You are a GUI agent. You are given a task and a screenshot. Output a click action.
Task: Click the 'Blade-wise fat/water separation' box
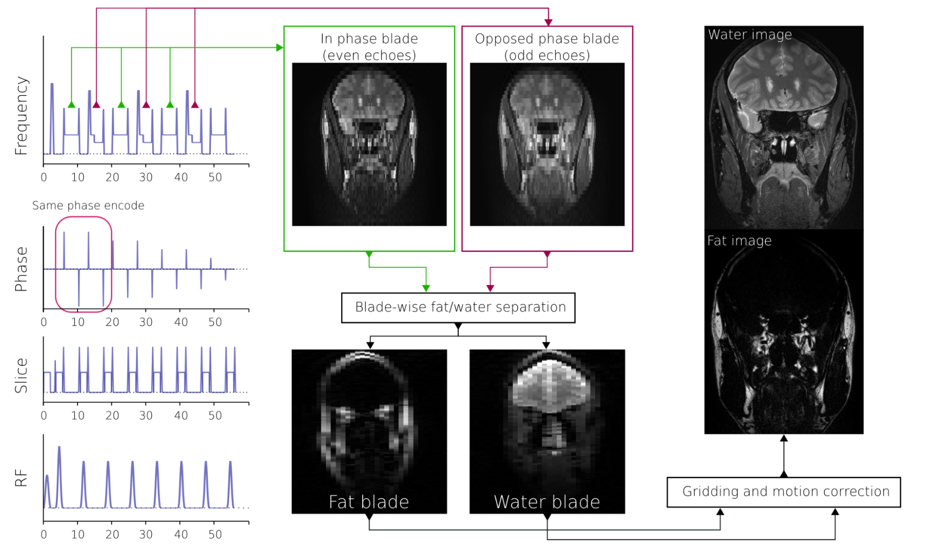[x=458, y=308]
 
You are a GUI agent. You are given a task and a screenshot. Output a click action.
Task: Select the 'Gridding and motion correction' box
[x=784, y=492]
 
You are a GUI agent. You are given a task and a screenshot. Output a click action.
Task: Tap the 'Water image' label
[x=750, y=35]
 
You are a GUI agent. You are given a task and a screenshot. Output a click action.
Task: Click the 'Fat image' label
[x=739, y=241]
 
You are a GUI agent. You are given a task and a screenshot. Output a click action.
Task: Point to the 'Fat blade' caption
[x=369, y=502]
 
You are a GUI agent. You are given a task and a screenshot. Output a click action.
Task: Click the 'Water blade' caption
[x=547, y=502]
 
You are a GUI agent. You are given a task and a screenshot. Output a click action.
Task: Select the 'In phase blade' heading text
[x=369, y=39]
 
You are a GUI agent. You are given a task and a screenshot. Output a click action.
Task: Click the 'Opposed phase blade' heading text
[x=547, y=39]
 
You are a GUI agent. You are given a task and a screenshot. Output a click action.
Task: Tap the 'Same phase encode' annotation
[x=88, y=205]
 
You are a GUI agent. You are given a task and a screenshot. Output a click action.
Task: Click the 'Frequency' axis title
[x=21, y=116]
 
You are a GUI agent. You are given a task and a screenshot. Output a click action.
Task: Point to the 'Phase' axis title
[x=21, y=269]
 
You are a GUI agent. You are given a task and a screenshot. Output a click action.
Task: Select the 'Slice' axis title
[x=21, y=375]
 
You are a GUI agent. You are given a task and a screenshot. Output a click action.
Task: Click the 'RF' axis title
[x=21, y=478]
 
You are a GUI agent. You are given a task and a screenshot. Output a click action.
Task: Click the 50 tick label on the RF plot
[x=215, y=535]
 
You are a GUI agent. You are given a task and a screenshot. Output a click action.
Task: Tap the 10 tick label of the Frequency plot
[x=78, y=178]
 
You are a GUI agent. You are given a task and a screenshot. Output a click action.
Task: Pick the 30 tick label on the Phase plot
[x=146, y=322]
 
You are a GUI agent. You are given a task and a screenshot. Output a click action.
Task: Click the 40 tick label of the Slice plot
[x=181, y=416]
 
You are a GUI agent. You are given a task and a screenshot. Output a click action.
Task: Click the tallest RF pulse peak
[x=59, y=448]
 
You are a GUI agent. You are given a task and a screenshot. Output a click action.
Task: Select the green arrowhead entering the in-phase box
[x=280, y=47]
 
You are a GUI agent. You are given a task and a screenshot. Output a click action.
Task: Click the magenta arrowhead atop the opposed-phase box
[x=548, y=23]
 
